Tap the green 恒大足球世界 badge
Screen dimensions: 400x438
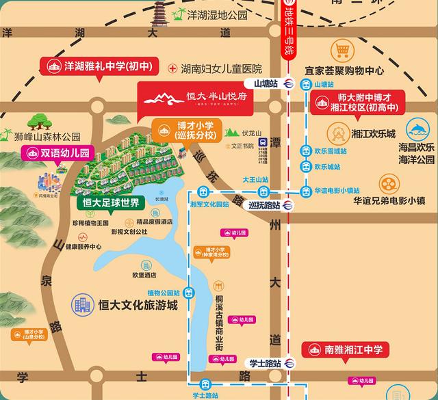pos(110,203)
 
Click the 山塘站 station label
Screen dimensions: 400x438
pos(266,83)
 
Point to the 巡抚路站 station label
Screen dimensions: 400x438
pos(263,205)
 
